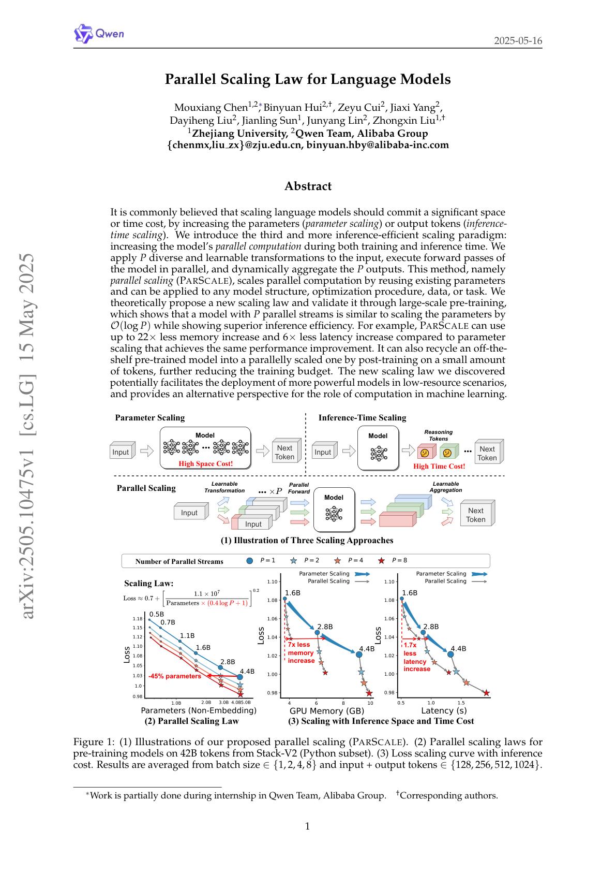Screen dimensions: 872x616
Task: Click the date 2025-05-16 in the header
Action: point(518,41)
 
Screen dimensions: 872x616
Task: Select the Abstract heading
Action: point(308,186)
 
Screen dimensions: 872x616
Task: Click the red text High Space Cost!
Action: point(206,463)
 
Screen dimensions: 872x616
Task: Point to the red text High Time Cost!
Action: point(439,466)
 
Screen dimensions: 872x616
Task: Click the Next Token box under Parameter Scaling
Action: point(284,452)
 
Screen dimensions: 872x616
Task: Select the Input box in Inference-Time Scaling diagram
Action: point(323,452)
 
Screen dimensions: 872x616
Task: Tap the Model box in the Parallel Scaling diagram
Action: point(334,509)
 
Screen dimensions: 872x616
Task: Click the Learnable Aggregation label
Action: point(446,487)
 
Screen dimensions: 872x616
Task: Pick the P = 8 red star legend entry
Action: point(394,560)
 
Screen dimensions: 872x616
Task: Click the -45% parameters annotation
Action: point(174,676)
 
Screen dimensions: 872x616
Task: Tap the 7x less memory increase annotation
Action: point(301,652)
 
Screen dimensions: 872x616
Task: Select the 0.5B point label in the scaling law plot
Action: point(156,614)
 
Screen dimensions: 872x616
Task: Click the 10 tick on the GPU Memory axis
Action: point(370,703)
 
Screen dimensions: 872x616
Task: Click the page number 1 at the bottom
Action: point(308,826)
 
